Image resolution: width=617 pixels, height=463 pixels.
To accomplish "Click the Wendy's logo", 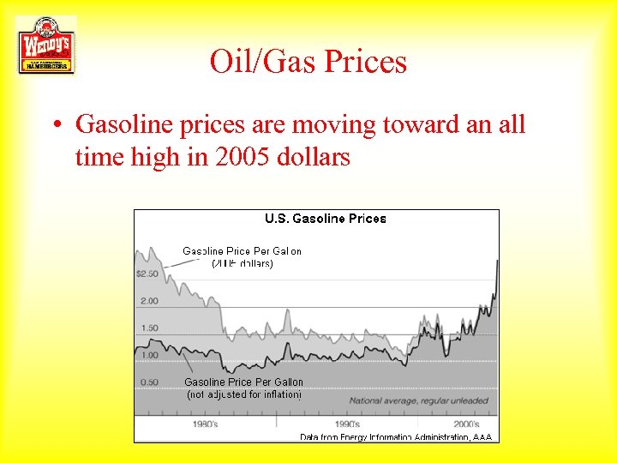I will [x=46, y=45].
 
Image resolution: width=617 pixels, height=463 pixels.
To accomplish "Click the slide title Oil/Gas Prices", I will [x=308, y=62].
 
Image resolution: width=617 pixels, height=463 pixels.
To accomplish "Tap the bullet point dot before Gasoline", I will [x=54, y=125].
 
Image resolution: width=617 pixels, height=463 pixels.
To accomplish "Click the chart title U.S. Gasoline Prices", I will [x=325, y=219].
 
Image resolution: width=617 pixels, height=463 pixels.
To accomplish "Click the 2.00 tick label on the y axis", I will [x=149, y=301].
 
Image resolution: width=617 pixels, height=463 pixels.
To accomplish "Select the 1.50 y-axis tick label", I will [x=149, y=328].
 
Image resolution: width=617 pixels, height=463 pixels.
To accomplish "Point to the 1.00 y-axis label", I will [x=149, y=355].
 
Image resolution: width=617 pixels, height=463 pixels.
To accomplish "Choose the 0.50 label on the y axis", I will [x=149, y=382].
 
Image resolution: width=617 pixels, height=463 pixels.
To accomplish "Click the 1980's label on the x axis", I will [x=205, y=424].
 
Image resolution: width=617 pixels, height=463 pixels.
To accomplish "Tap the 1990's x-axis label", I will [x=347, y=424].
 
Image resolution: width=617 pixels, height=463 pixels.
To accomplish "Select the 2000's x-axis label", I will [x=466, y=424].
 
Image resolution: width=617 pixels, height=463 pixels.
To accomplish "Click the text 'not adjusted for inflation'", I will [x=244, y=395].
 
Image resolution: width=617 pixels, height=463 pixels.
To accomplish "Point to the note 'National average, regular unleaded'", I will [x=418, y=400].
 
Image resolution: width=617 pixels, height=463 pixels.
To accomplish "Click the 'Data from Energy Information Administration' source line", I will [x=396, y=437].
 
